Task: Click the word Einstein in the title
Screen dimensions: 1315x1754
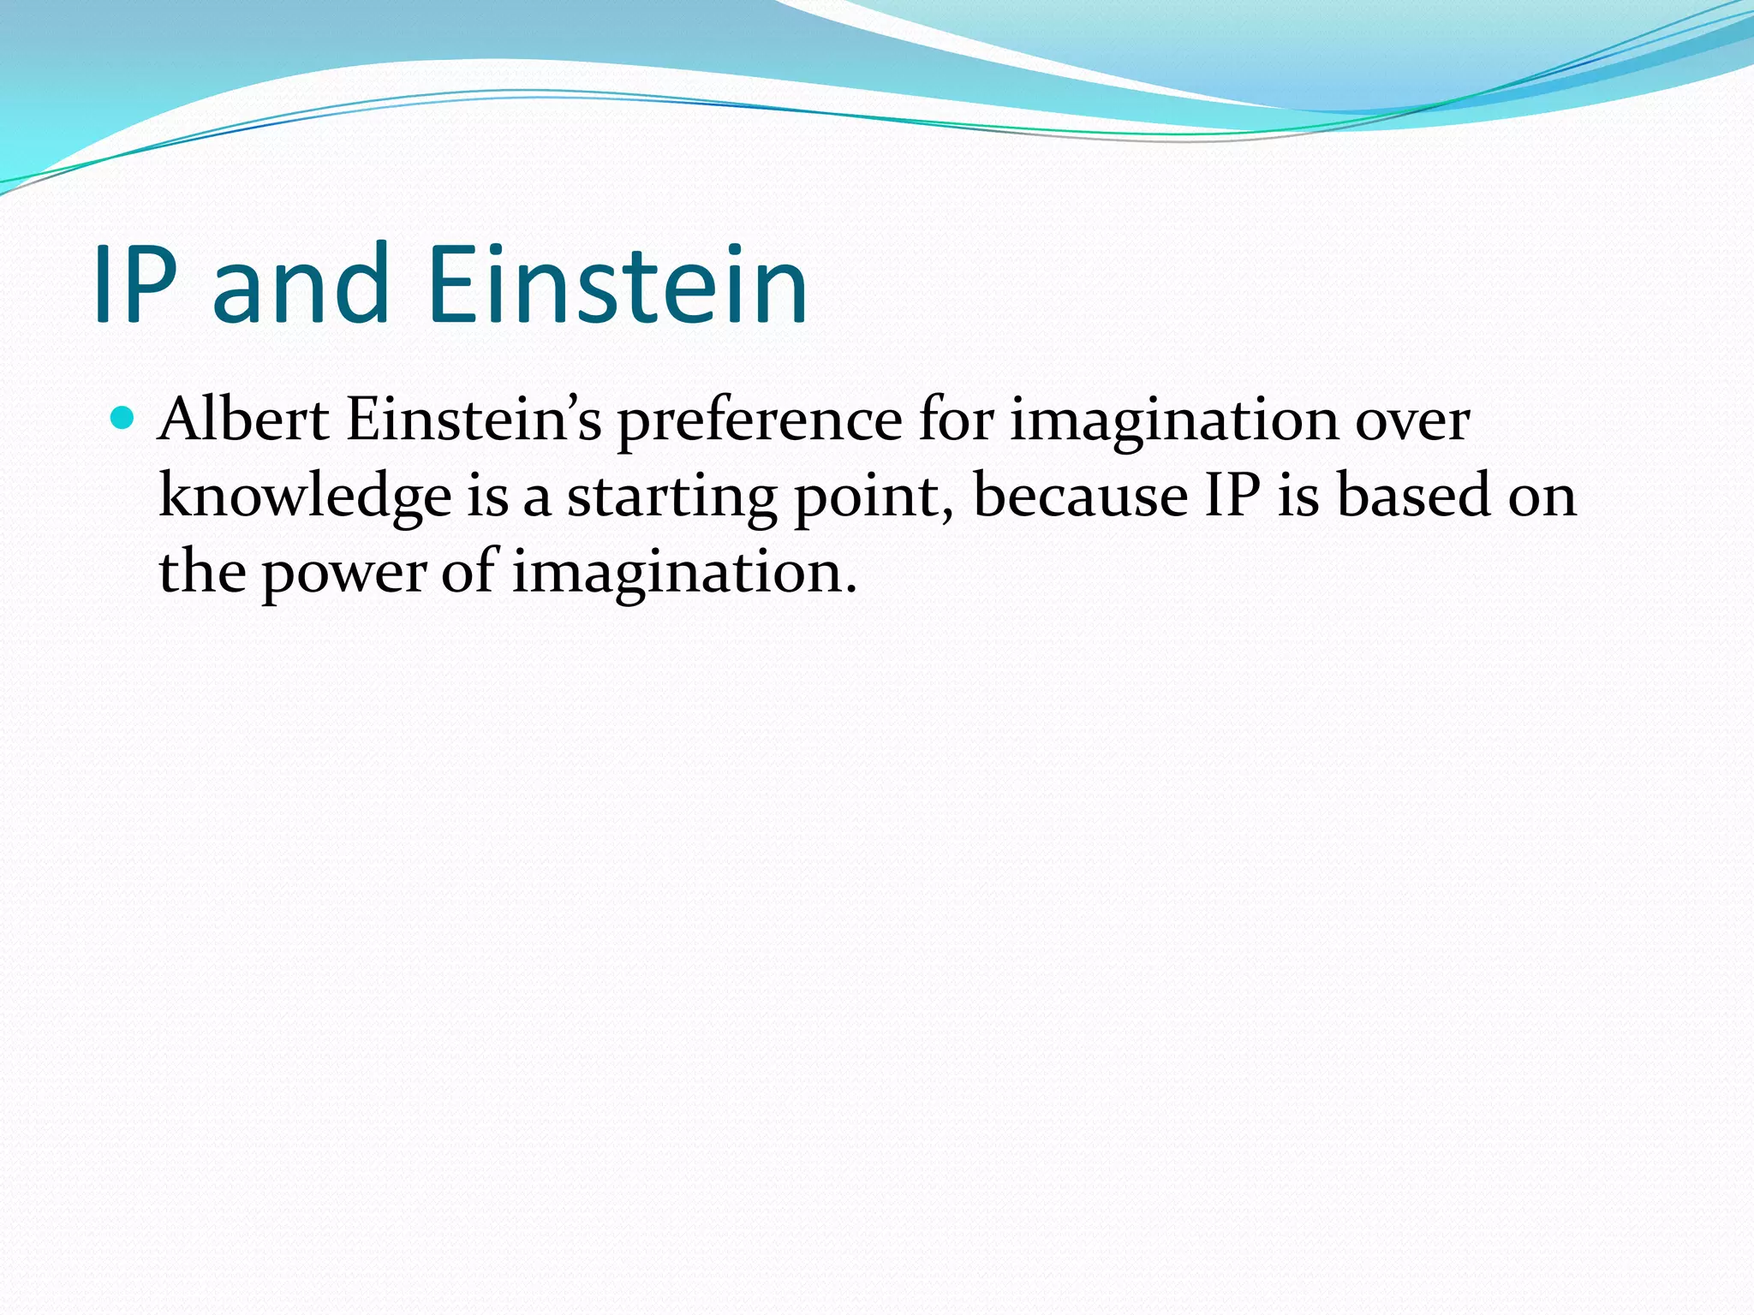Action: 617,285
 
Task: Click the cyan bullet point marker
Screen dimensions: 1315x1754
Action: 123,419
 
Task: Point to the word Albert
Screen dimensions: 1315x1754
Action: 244,420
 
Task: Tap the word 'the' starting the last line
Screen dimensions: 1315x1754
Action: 202,572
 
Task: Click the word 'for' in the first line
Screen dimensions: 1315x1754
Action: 957,420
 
